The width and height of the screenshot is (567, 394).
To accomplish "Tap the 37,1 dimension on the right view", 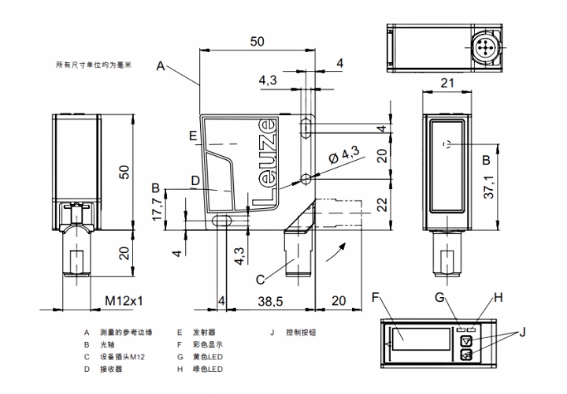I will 489,187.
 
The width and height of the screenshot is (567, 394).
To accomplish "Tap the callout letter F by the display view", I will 375,297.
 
